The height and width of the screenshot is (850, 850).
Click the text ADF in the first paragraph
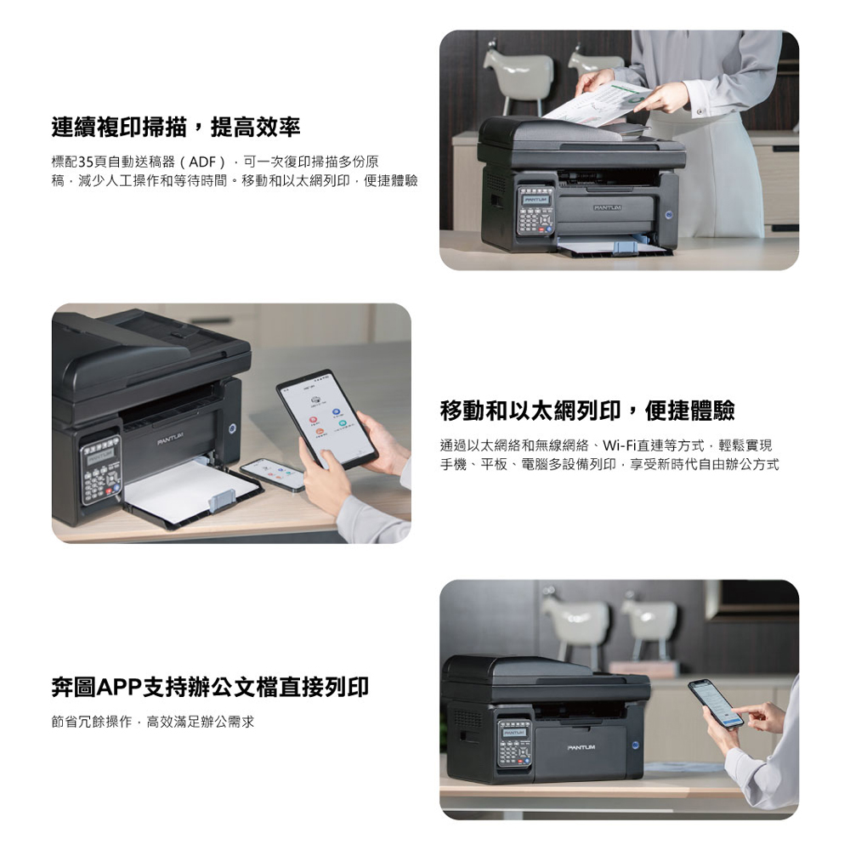(202, 161)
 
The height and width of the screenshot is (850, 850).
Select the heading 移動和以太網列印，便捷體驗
(587, 411)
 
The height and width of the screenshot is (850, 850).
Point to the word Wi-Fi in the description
(619, 445)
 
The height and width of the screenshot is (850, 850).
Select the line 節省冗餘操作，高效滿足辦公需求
(152, 722)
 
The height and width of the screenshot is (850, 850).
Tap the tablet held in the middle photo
(327, 419)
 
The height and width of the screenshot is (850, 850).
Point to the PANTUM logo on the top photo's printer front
(607, 207)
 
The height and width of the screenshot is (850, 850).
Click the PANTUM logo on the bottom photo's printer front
(581, 747)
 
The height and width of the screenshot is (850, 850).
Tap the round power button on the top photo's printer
(669, 215)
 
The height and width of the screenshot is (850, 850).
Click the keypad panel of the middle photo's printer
(99, 470)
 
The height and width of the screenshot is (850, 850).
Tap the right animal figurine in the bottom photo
(648, 622)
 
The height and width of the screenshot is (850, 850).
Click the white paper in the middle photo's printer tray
(187, 485)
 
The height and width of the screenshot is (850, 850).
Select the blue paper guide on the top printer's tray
(624, 247)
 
